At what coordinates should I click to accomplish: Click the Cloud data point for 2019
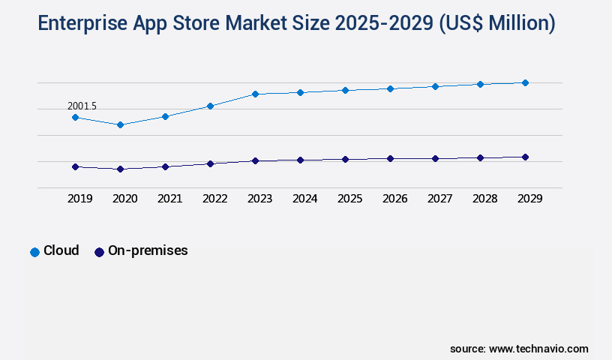[x=75, y=117]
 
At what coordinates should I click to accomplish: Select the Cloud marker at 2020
[x=120, y=124]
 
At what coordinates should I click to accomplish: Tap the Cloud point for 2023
[x=255, y=94]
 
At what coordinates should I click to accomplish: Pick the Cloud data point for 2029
[x=525, y=82]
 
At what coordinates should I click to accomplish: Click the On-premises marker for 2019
[x=75, y=166]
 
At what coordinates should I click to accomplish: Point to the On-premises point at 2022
[x=210, y=163]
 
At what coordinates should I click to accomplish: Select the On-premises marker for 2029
[x=525, y=157]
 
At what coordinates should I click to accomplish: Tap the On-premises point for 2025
[x=345, y=159]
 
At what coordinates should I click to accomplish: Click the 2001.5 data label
[x=82, y=106]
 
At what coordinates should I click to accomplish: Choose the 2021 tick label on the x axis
[x=169, y=199]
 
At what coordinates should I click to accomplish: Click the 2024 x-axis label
[x=304, y=199]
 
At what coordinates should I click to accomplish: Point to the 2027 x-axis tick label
[x=439, y=199]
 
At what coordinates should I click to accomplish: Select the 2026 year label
[x=394, y=199]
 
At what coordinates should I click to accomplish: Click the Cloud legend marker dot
[x=34, y=252]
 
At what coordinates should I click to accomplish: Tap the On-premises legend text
[x=148, y=250]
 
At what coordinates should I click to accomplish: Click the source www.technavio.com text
[x=519, y=349]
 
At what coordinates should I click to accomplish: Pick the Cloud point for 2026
[x=390, y=88]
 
